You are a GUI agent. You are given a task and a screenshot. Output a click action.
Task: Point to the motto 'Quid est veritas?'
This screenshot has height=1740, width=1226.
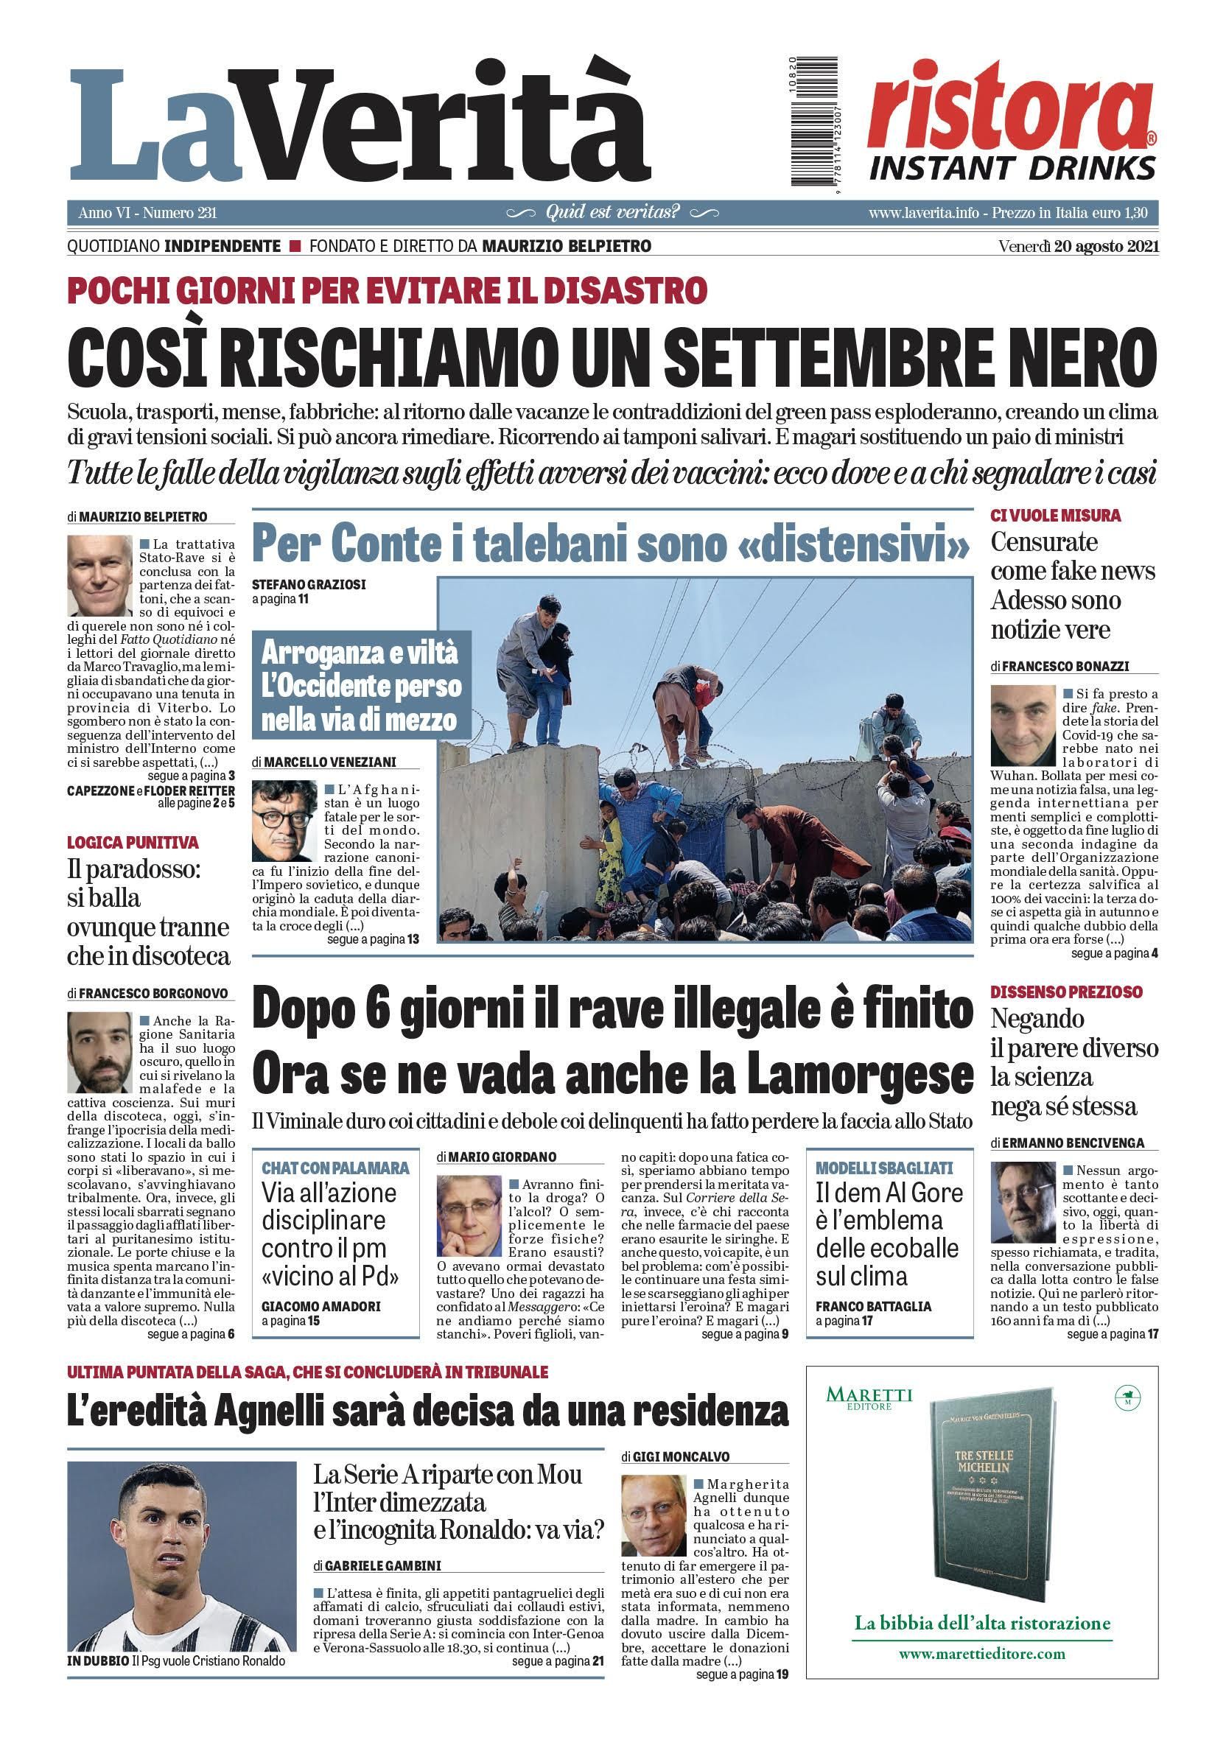tap(612, 213)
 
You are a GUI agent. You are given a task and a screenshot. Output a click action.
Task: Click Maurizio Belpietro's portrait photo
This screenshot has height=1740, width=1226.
tap(99, 576)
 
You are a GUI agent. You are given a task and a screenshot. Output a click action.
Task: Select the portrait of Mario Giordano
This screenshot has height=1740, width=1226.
tap(469, 1215)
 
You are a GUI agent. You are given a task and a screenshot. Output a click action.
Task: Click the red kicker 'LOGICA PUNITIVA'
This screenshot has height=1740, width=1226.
tap(133, 842)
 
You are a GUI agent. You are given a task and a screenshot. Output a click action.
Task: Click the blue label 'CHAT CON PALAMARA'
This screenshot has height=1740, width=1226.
tap(335, 1168)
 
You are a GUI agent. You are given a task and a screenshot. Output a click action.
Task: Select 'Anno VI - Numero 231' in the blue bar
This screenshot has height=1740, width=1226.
tap(147, 213)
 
